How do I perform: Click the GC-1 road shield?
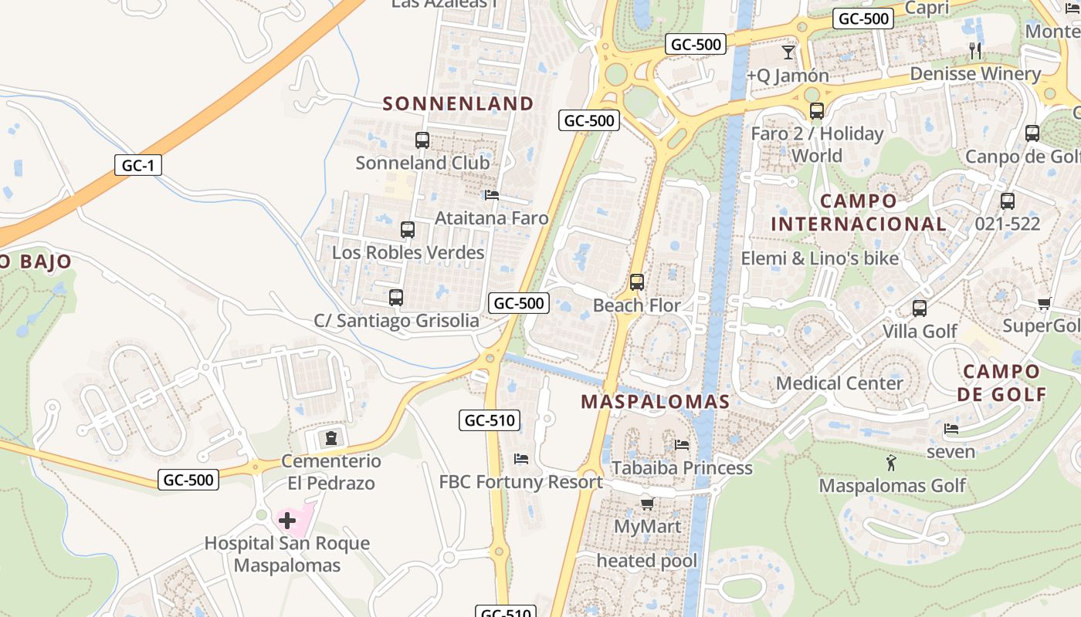pyautogui.click(x=138, y=165)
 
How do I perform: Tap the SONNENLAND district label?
pyautogui.click(x=459, y=103)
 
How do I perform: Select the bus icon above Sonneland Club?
pyautogui.click(x=422, y=140)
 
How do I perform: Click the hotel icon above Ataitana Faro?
pyautogui.click(x=492, y=195)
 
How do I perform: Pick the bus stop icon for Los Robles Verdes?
pyautogui.click(x=408, y=230)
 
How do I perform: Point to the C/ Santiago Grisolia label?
pyautogui.click(x=396, y=321)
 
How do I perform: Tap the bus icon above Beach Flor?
pyautogui.click(x=637, y=282)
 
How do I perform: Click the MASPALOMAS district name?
pyautogui.click(x=656, y=402)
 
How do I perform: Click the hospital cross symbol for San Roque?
pyautogui.click(x=287, y=521)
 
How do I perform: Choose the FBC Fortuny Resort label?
pyautogui.click(x=521, y=482)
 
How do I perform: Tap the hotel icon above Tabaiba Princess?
pyautogui.click(x=682, y=445)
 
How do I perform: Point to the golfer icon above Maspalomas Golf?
pyautogui.click(x=892, y=463)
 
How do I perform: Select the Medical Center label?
pyautogui.click(x=839, y=383)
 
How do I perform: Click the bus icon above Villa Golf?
pyautogui.click(x=920, y=308)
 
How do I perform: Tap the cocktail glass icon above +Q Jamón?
pyautogui.click(x=788, y=52)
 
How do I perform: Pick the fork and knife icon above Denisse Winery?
pyautogui.click(x=975, y=51)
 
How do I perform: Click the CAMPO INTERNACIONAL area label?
pyautogui.click(x=859, y=213)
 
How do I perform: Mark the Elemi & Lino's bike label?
pyautogui.click(x=820, y=258)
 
